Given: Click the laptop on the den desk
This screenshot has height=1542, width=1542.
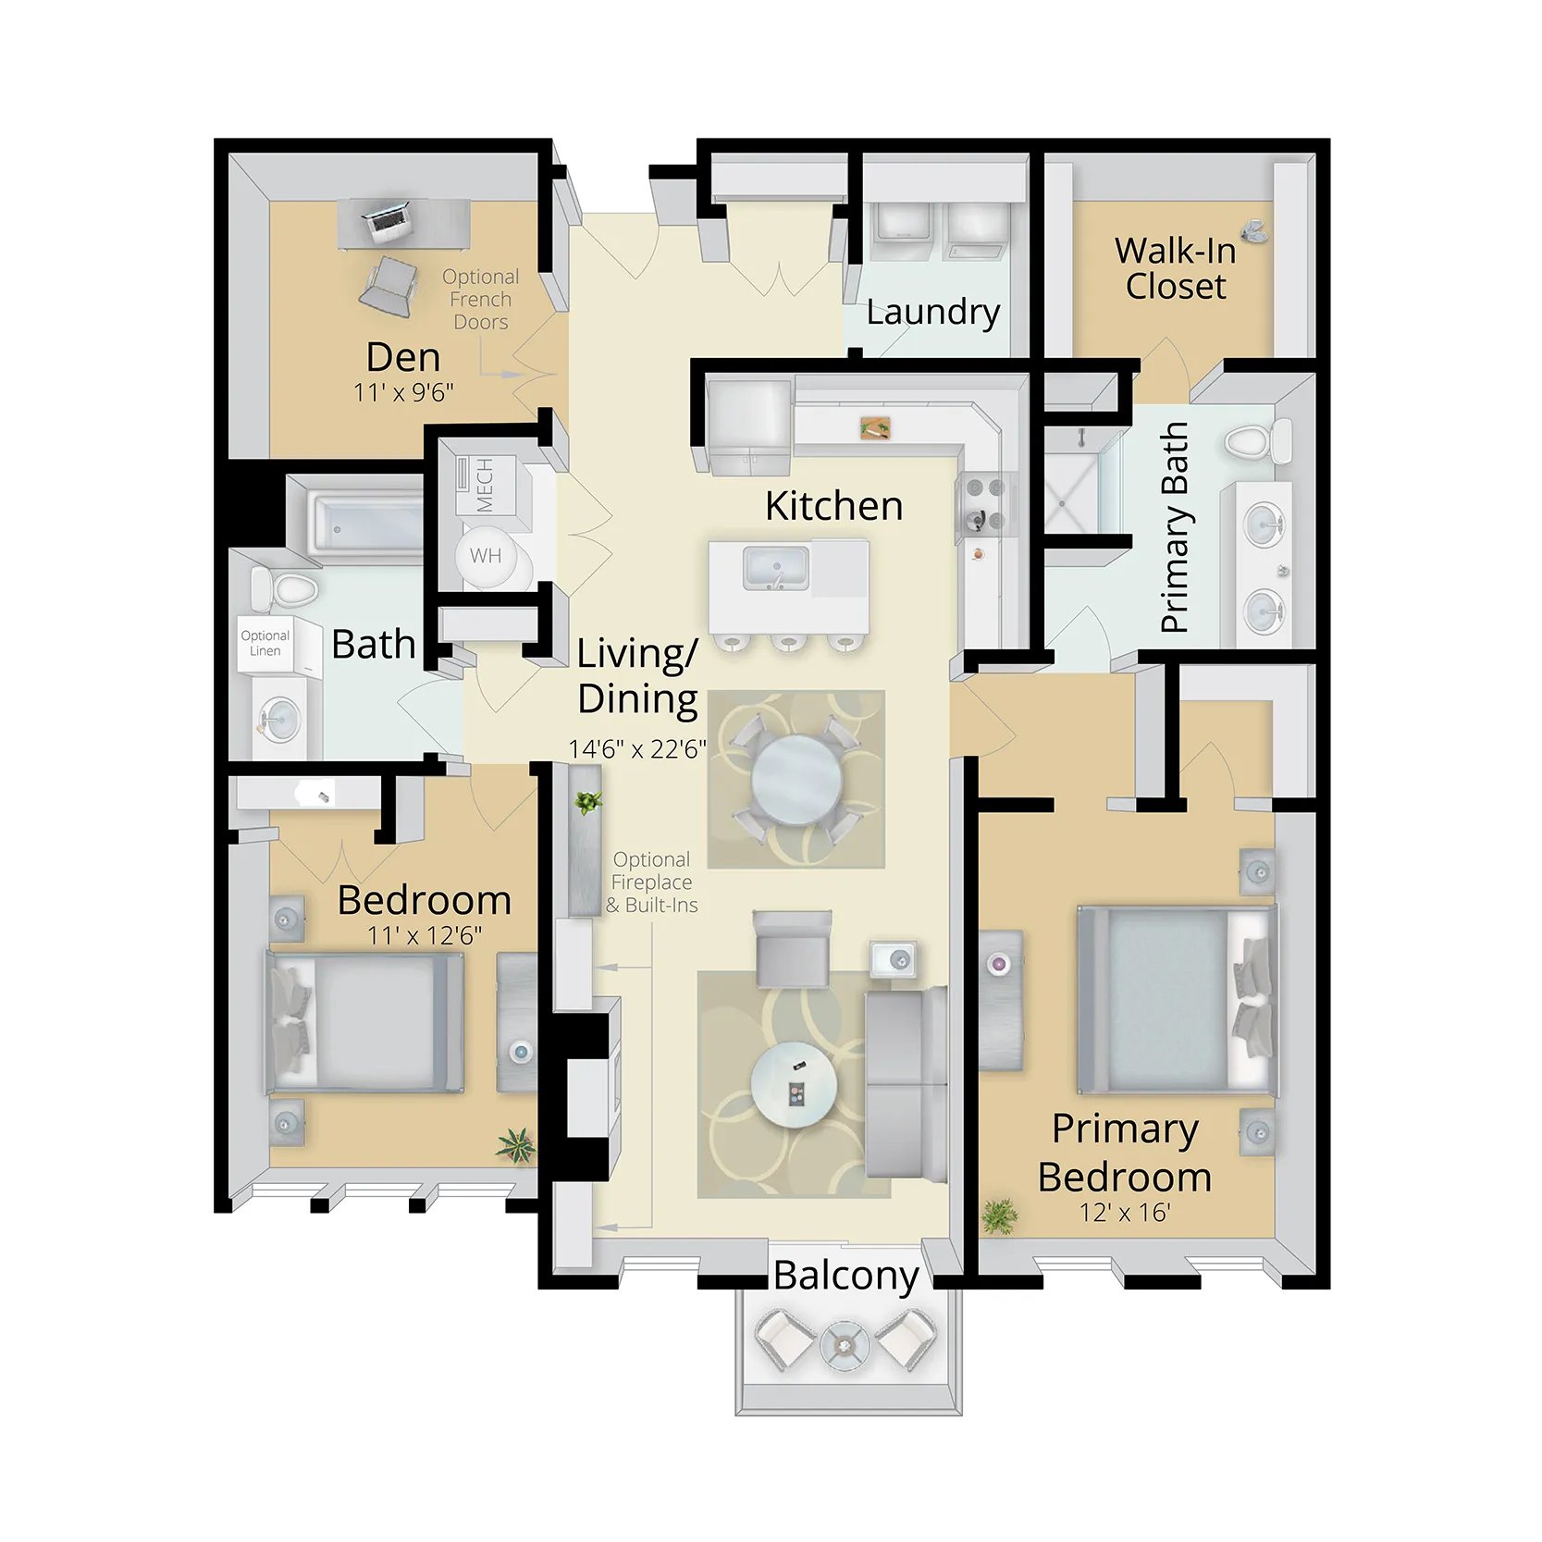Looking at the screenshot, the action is (388, 219).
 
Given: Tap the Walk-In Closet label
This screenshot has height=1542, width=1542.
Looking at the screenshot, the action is (1175, 268).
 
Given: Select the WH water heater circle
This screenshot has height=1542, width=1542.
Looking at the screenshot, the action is (487, 557).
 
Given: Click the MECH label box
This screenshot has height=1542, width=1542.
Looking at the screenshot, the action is (485, 486).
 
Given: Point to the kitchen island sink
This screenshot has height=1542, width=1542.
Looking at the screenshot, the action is (776, 567).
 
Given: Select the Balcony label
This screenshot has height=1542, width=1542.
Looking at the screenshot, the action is (845, 1277).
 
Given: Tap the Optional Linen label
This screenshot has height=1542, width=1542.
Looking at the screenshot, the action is (265, 643).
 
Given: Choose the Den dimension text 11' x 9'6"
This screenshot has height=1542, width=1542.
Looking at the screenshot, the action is (403, 392).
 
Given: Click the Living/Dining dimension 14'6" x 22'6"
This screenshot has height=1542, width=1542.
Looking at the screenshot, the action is (637, 748).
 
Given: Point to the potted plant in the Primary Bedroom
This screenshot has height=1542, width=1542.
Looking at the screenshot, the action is (999, 1215).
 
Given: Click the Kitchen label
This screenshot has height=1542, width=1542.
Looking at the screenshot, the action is (833, 506).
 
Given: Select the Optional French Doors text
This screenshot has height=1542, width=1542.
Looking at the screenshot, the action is (480, 300).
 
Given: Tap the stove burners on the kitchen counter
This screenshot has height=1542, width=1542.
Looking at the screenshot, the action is (984, 504).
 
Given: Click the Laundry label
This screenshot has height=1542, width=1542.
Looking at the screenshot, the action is (933, 313).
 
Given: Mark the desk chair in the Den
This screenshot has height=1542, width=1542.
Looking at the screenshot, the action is (389, 286).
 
